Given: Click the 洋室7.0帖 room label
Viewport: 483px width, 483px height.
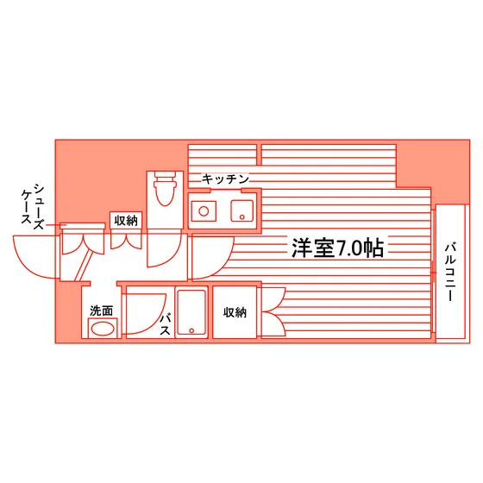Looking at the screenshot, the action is (x=337, y=248).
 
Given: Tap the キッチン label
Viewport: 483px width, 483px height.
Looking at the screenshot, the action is (x=225, y=179).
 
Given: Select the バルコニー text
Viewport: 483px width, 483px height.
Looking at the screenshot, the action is (x=450, y=272).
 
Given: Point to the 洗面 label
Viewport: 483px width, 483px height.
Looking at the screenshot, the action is (x=102, y=310).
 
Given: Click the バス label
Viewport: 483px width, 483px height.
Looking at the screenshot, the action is (x=165, y=324).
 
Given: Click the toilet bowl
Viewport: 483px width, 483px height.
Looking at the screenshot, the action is (x=165, y=194).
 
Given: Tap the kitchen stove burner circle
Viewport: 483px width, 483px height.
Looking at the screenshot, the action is (x=204, y=211).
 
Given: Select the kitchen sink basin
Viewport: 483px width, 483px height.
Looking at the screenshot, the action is (x=242, y=211).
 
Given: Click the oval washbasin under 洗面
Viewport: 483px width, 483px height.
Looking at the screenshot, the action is (x=103, y=329).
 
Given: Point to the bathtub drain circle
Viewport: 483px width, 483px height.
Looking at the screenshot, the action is (x=191, y=330).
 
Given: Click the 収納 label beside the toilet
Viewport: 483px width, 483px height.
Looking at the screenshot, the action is (x=126, y=221).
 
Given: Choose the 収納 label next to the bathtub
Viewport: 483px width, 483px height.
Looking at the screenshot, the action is (x=235, y=312).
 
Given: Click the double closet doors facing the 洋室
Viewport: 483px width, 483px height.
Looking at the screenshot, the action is (x=274, y=311).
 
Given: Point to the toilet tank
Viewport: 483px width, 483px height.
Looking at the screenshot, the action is (x=165, y=176).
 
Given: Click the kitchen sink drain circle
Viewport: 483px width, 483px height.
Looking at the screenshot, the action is (x=242, y=217).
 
